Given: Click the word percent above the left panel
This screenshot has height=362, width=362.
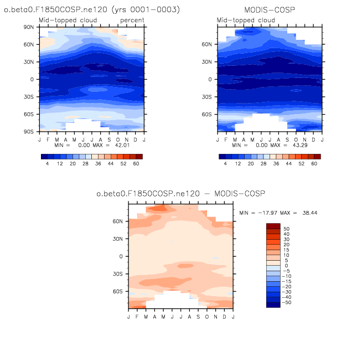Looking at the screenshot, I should tap(132, 20).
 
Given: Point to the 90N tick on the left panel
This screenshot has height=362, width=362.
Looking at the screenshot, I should tap(29, 27).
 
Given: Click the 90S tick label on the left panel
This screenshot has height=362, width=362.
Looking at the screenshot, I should tap(29, 132).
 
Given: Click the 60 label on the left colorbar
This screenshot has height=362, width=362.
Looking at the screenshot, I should tap(136, 164).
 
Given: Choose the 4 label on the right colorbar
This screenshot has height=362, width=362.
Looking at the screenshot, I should tap(225, 164).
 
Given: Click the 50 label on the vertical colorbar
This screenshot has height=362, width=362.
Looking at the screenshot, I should tap(286, 229).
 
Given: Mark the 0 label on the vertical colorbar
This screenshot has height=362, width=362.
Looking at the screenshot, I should tap(285, 266).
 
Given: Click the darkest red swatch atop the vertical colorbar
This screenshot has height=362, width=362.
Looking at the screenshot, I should tap(273, 226).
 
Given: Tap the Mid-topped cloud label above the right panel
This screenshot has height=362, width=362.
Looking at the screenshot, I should tap(246, 20).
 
